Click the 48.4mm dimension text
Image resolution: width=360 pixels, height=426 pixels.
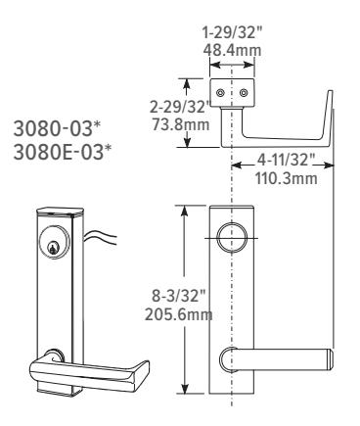click(232, 50)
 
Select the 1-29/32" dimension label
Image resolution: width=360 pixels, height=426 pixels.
click(232, 32)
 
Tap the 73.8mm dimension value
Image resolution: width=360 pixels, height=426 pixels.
click(181, 124)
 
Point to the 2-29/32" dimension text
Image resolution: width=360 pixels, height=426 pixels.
click(180, 107)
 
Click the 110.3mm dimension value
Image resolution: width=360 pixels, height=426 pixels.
click(286, 178)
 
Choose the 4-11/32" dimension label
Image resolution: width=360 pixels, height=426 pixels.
click(286, 161)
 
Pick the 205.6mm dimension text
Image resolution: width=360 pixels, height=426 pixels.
click(178, 315)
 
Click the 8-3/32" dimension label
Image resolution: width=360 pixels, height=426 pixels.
click(180, 297)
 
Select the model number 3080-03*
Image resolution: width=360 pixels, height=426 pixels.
click(57, 128)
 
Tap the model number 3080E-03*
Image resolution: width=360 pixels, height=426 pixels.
click(63, 152)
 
